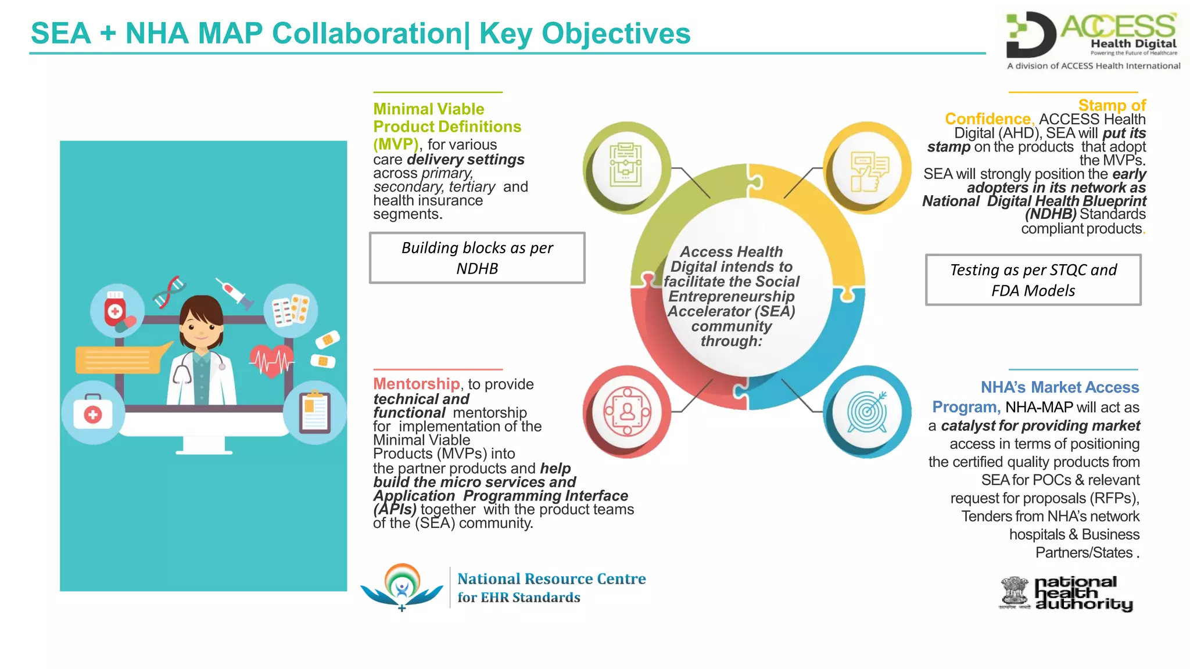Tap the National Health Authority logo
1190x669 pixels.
click(x=1067, y=594)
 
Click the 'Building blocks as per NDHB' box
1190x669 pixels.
click(x=477, y=258)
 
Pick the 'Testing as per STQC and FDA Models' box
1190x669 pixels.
click(x=1033, y=280)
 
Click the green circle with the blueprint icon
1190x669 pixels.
click(x=626, y=167)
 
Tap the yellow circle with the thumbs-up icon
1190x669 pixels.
click(x=868, y=168)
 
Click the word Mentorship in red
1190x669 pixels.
click(x=416, y=384)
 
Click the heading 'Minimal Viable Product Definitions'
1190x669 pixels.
click(x=446, y=118)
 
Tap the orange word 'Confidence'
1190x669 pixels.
click(x=987, y=119)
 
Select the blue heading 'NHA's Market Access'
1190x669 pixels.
click(x=1060, y=387)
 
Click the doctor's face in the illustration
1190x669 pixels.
click(x=201, y=328)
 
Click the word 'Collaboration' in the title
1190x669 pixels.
click(x=367, y=33)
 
